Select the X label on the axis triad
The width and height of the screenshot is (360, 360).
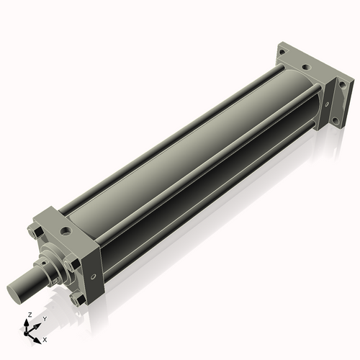click(x=45, y=338)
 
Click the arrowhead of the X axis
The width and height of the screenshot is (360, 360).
click(x=39, y=336)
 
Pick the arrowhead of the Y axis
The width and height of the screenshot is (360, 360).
click(x=37, y=323)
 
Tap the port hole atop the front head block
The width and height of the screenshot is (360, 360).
click(x=66, y=232)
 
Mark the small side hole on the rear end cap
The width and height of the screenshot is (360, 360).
click(x=329, y=103)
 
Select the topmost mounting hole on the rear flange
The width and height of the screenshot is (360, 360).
click(x=284, y=53)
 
